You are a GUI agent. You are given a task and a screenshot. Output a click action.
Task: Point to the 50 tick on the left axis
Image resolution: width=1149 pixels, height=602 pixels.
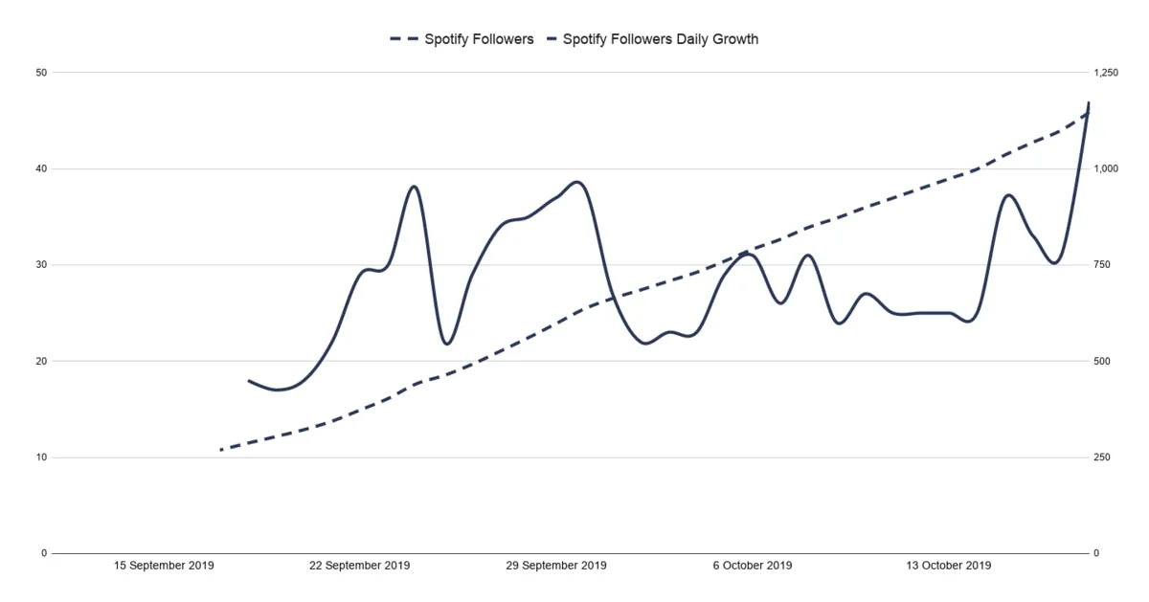click(x=42, y=73)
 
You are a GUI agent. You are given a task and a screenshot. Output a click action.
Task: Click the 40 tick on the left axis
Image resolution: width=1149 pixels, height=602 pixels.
click(x=42, y=168)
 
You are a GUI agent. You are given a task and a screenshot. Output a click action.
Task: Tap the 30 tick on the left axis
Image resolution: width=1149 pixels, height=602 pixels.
click(x=42, y=265)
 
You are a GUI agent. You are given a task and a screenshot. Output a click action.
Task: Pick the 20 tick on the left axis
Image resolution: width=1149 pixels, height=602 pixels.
click(x=42, y=361)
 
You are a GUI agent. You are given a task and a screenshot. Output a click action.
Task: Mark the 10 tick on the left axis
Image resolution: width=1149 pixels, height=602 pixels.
click(x=42, y=457)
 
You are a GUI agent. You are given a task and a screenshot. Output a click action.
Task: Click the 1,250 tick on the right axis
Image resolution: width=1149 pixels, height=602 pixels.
click(x=1105, y=73)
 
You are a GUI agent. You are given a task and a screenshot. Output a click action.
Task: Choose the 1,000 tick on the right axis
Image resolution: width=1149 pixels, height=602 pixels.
click(x=1105, y=168)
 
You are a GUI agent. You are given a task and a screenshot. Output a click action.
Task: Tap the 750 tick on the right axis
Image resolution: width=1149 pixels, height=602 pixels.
click(x=1101, y=265)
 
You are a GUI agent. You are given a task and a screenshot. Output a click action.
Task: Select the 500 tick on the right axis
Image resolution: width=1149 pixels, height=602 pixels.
click(x=1101, y=361)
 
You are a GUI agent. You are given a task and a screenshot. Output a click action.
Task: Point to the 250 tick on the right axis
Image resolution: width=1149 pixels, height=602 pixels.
click(x=1101, y=457)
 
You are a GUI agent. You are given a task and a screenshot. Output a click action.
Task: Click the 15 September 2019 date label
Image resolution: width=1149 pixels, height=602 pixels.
click(x=164, y=566)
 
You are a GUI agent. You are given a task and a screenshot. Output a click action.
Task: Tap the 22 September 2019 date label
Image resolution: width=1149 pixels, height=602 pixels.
click(x=359, y=566)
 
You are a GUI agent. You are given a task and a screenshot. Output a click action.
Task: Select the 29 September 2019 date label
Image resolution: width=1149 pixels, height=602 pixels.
click(x=556, y=566)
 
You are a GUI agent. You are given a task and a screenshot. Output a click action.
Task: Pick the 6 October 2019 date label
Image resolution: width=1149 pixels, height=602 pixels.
click(x=753, y=566)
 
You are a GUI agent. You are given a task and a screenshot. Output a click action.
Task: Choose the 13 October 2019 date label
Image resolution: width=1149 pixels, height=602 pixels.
click(x=948, y=566)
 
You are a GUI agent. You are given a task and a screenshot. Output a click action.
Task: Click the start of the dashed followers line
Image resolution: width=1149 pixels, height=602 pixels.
click(x=221, y=449)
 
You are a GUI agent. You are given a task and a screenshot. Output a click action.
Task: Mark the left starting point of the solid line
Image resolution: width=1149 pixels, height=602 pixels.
click(x=249, y=381)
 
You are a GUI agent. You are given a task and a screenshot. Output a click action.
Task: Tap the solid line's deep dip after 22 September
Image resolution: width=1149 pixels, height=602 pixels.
click(x=447, y=344)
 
